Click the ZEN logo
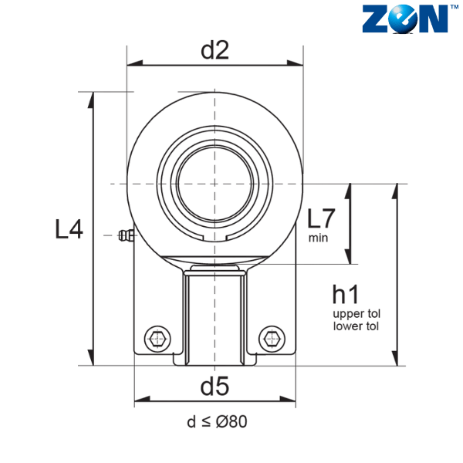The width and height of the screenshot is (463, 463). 405,19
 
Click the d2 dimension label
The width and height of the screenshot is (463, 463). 215,50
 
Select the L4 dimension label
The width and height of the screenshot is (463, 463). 69,229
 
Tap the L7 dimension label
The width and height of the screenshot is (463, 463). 321,218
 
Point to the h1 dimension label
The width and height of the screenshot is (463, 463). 346,294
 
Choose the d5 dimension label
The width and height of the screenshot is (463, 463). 215,387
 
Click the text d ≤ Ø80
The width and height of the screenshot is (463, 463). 217,421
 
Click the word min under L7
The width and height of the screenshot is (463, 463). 318,238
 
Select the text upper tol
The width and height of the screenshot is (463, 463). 357,314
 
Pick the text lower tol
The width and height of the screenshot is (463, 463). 356,326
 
